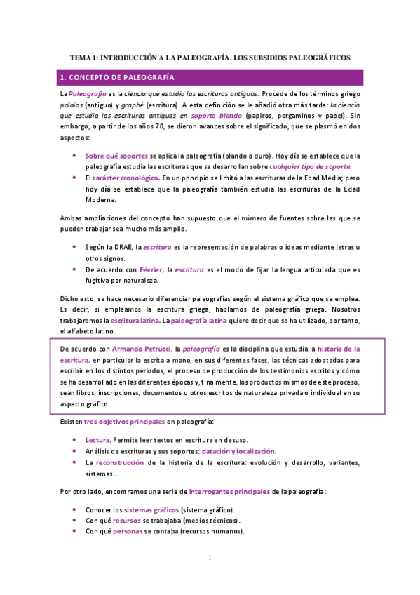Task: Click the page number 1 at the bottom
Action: pyautogui.click(x=210, y=558)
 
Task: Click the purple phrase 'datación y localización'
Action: pyautogui.click(x=239, y=451)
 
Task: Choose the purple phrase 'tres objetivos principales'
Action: pyautogui.click(x=124, y=421)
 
